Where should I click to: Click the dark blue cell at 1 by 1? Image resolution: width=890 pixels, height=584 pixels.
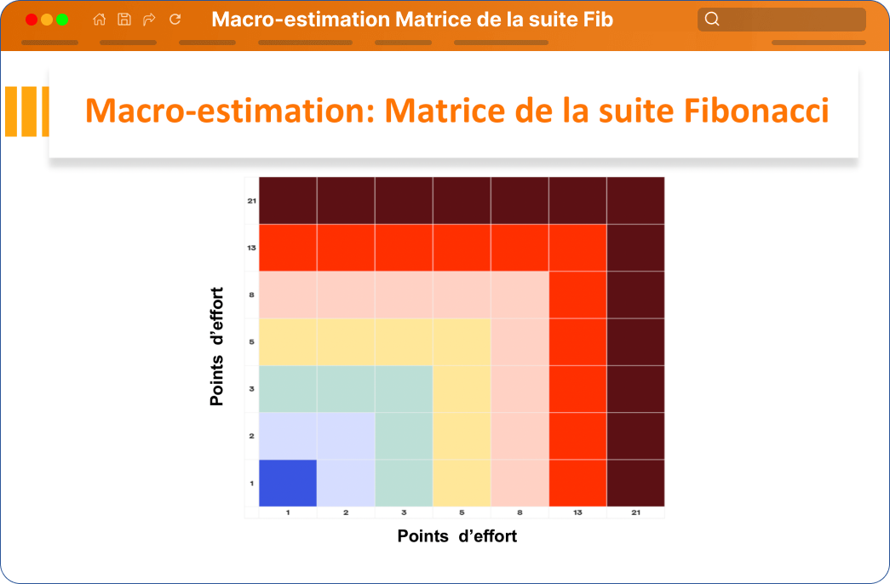[x=288, y=483]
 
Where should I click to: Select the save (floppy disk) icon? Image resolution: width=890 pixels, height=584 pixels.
[x=124, y=20]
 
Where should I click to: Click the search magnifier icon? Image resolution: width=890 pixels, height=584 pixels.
[x=712, y=20]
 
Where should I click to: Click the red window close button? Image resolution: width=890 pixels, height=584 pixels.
[x=32, y=20]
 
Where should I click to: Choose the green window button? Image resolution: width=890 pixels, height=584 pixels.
[x=62, y=20]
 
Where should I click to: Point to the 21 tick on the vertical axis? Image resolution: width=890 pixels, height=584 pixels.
[x=251, y=201]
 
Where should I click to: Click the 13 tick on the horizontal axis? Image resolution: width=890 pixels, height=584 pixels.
[x=577, y=512]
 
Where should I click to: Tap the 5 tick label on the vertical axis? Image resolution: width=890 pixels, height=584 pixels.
[x=251, y=341]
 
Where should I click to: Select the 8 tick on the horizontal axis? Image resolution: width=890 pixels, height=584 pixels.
[x=520, y=512]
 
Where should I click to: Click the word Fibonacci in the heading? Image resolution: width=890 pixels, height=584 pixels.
[x=756, y=110]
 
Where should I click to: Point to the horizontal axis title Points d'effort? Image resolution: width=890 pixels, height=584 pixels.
[x=456, y=535]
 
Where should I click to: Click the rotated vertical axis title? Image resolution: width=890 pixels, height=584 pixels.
[x=217, y=346]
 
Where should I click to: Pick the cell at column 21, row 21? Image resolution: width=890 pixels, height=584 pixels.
[x=635, y=200]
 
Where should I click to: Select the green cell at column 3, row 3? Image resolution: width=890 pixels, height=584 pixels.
[x=404, y=389]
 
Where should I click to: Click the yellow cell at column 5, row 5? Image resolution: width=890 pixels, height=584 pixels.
[x=462, y=341]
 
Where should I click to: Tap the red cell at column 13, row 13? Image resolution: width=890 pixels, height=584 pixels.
[x=577, y=248]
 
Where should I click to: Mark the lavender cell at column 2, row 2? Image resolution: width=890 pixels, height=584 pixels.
[x=346, y=436]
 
